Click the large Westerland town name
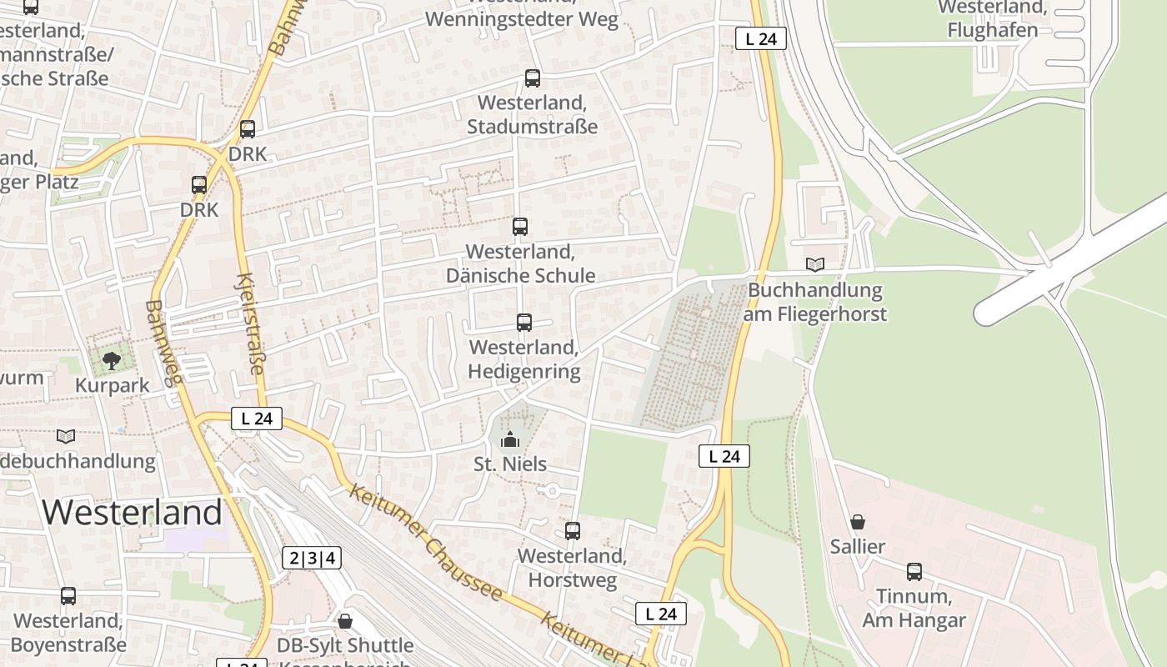pyautogui.click(x=133, y=511)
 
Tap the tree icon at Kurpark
pyautogui.click(x=112, y=361)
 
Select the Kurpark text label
pyautogui.click(x=112, y=385)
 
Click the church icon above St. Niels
pyautogui.click(x=510, y=439)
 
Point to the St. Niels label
pyautogui.click(x=510, y=464)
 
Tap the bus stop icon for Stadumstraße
pyautogui.click(x=533, y=78)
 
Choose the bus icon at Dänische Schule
pyautogui.click(x=520, y=226)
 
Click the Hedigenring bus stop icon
pyautogui.click(x=524, y=323)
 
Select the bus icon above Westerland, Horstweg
pyautogui.click(x=573, y=531)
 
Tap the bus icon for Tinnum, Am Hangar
pyautogui.click(x=914, y=572)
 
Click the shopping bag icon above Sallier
pyautogui.click(x=858, y=523)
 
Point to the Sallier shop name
pyautogui.click(x=858, y=547)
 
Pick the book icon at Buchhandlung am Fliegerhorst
pyautogui.click(x=815, y=265)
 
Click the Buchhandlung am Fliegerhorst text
pyautogui.click(x=815, y=302)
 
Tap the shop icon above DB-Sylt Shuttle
pyautogui.click(x=345, y=621)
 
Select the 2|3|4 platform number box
pyautogui.click(x=312, y=558)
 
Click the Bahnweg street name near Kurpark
pyautogui.click(x=163, y=344)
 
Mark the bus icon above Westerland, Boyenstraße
pyautogui.click(x=68, y=596)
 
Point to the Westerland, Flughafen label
pyautogui.click(x=992, y=18)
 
